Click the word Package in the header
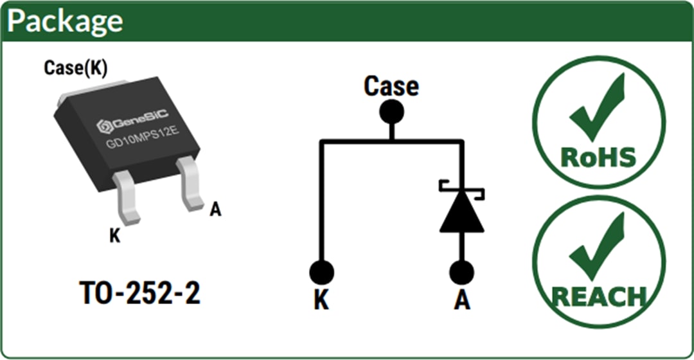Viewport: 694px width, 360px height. tap(65, 21)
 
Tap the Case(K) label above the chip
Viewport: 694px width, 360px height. tap(75, 67)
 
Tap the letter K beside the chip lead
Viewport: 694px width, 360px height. tap(114, 236)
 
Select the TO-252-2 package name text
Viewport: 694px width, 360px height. tap(140, 293)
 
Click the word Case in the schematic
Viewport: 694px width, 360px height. tap(391, 86)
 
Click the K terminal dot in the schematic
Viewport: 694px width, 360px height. tap(321, 272)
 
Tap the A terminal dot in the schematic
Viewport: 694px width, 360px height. tap(461, 272)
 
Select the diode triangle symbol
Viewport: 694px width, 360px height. tap(461, 212)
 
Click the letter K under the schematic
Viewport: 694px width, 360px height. tap(321, 300)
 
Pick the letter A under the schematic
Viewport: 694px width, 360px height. tap(461, 300)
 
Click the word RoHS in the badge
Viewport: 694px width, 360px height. tap(598, 156)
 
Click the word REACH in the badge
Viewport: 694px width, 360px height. tap(598, 296)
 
